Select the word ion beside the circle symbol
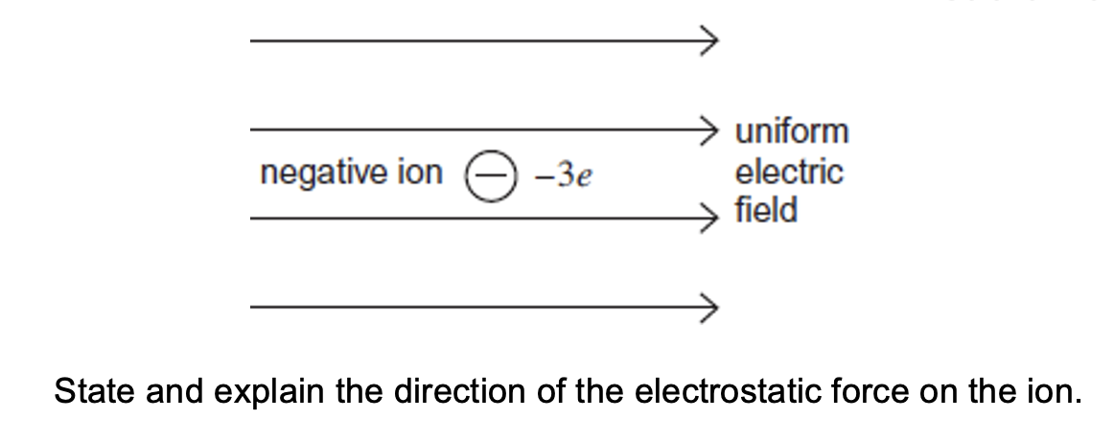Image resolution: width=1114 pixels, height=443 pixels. (420, 173)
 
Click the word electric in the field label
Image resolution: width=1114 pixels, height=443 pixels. (788, 173)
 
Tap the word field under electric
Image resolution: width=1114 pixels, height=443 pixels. (765, 210)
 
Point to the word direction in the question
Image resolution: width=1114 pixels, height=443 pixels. (425, 392)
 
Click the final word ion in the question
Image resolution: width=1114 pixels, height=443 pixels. (1046, 392)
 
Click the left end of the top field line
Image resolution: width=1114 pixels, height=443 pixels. (253, 40)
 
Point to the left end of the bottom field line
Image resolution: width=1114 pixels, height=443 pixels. (253, 308)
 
